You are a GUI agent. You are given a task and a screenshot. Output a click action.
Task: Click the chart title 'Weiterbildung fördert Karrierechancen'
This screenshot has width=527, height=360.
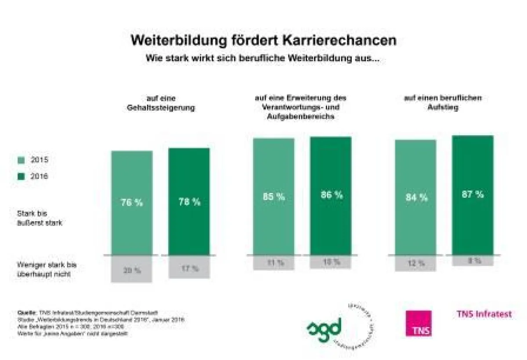(x=263, y=40)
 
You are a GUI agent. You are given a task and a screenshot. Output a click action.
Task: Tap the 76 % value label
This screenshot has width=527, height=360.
(x=132, y=203)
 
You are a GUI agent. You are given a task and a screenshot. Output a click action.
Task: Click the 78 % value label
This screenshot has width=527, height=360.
(x=189, y=202)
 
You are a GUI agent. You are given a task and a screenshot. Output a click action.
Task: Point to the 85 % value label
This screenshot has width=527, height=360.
(x=274, y=196)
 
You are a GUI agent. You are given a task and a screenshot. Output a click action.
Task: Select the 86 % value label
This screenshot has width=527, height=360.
(x=331, y=195)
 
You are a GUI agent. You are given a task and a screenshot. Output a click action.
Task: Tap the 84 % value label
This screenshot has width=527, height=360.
(x=416, y=197)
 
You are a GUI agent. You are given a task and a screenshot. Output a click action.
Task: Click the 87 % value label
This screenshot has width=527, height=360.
(x=473, y=194)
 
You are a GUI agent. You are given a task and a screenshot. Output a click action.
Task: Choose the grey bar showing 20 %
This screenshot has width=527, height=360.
(x=132, y=269)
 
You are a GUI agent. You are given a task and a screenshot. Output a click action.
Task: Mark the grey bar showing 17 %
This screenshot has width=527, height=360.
(x=189, y=267)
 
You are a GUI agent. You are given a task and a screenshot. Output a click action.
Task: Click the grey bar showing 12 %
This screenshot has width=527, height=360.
(x=415, y=263)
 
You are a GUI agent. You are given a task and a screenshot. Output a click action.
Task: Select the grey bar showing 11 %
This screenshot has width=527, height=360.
(x=274, y=262)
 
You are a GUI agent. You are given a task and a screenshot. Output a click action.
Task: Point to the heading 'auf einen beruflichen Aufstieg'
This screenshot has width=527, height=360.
(x=443, y=102)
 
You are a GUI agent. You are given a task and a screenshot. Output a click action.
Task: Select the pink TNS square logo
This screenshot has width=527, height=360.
(x=418, y=324)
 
